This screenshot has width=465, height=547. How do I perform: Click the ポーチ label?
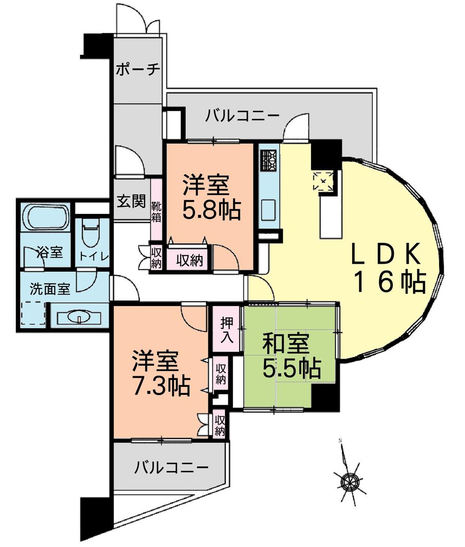tap(138, 70)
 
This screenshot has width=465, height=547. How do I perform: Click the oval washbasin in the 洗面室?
tap(79, 317)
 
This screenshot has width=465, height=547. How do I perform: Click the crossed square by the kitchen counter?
tap(324, 180)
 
